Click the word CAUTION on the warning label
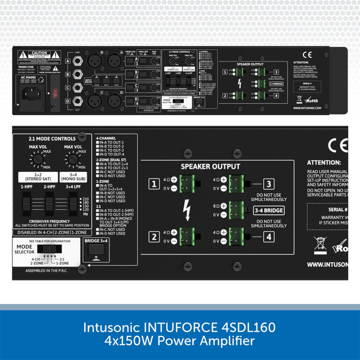[39, 53]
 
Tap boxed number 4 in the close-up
[268, 238]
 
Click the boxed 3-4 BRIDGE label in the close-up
[268, 210]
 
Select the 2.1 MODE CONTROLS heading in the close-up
[50, 138]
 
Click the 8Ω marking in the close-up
[217, 206]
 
